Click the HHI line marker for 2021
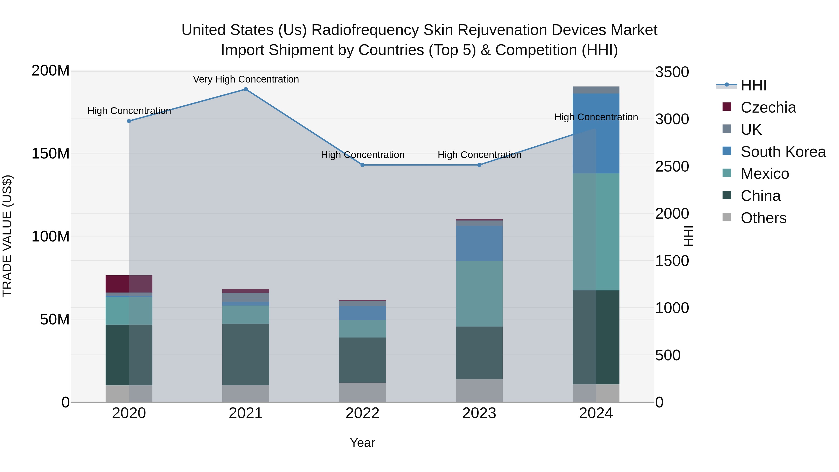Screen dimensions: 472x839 246,89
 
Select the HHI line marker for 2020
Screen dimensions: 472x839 129,121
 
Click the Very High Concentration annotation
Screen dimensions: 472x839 246,79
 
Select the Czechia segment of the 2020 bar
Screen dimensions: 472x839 129,284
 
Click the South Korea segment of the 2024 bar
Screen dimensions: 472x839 596,134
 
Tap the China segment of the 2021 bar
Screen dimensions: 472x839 246,354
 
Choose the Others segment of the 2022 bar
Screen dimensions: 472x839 362,392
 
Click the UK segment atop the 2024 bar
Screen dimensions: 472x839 596,90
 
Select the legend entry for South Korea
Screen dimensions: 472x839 783,152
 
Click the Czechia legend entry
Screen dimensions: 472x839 768,107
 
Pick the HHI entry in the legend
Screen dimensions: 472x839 753,85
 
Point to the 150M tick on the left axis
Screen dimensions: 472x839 51,153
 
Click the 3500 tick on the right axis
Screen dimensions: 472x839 672,72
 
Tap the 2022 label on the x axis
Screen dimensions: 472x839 362,413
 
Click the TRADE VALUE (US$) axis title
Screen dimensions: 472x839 7,236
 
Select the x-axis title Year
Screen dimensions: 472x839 362,443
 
